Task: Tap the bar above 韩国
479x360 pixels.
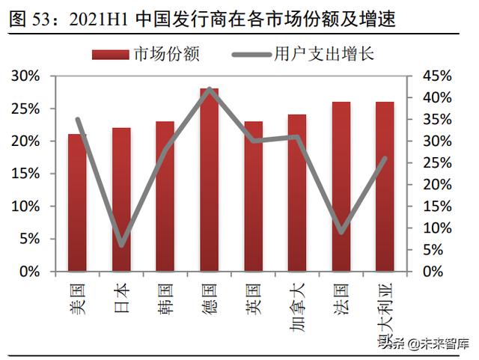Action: (x=165, y=196)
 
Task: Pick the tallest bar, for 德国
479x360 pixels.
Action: (x=209, y=180)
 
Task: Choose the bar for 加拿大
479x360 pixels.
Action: (x=296, y=193)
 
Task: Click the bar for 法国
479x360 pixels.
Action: (x=341, y=186)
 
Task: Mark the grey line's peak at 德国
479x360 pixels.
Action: (x=210, y=89)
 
